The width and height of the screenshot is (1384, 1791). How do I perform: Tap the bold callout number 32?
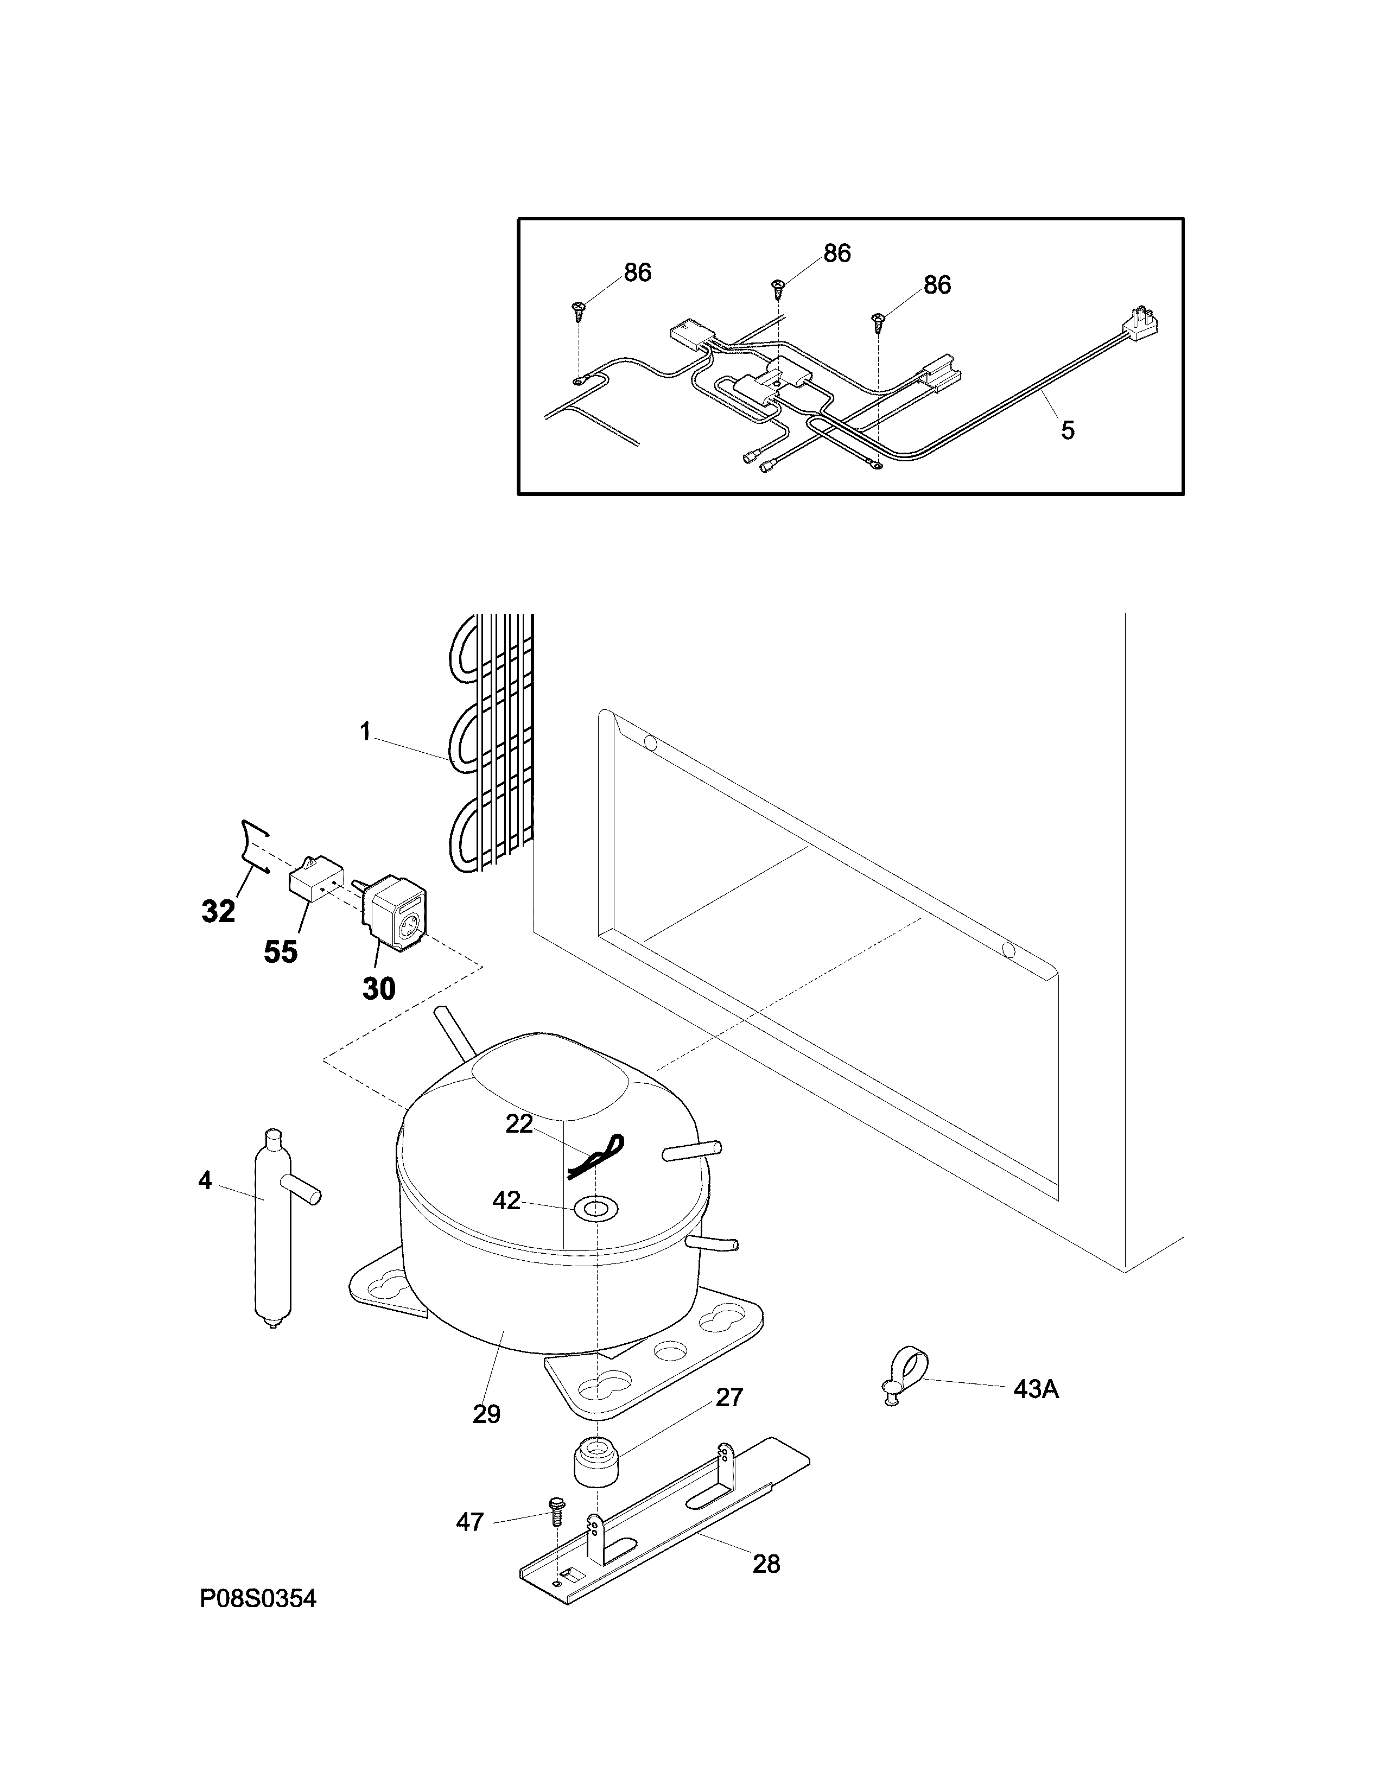click(218, 911)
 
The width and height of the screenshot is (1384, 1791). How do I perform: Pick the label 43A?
click(1036, 1389)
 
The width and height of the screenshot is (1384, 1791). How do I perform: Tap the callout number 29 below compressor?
click(486, 1414)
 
